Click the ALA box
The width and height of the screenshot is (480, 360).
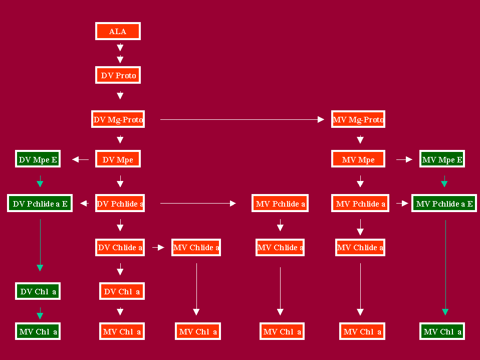click(118, 31)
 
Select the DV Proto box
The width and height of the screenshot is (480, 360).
click(118, 75)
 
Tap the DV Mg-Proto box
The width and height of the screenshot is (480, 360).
click(118, 119)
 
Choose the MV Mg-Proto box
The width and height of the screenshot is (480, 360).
click(358, 119)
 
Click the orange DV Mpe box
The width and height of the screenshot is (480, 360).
click(118, 159)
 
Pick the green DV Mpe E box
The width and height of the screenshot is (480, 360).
click(38, 159)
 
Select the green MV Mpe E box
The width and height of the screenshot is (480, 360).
click(442, 159)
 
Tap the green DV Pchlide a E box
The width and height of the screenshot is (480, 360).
click(40, 203)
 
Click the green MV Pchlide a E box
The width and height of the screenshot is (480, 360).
click(444, 203)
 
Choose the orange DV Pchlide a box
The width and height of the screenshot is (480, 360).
click(120, 203)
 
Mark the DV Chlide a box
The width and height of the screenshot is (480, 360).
click(120, 247)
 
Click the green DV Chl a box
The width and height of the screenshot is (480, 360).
click(38, 291)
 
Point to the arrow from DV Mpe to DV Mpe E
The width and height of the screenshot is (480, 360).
click(80, 159)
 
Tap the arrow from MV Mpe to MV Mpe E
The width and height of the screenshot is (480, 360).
click(404, 159)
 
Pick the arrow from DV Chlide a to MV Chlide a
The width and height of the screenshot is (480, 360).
click(158, 247)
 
